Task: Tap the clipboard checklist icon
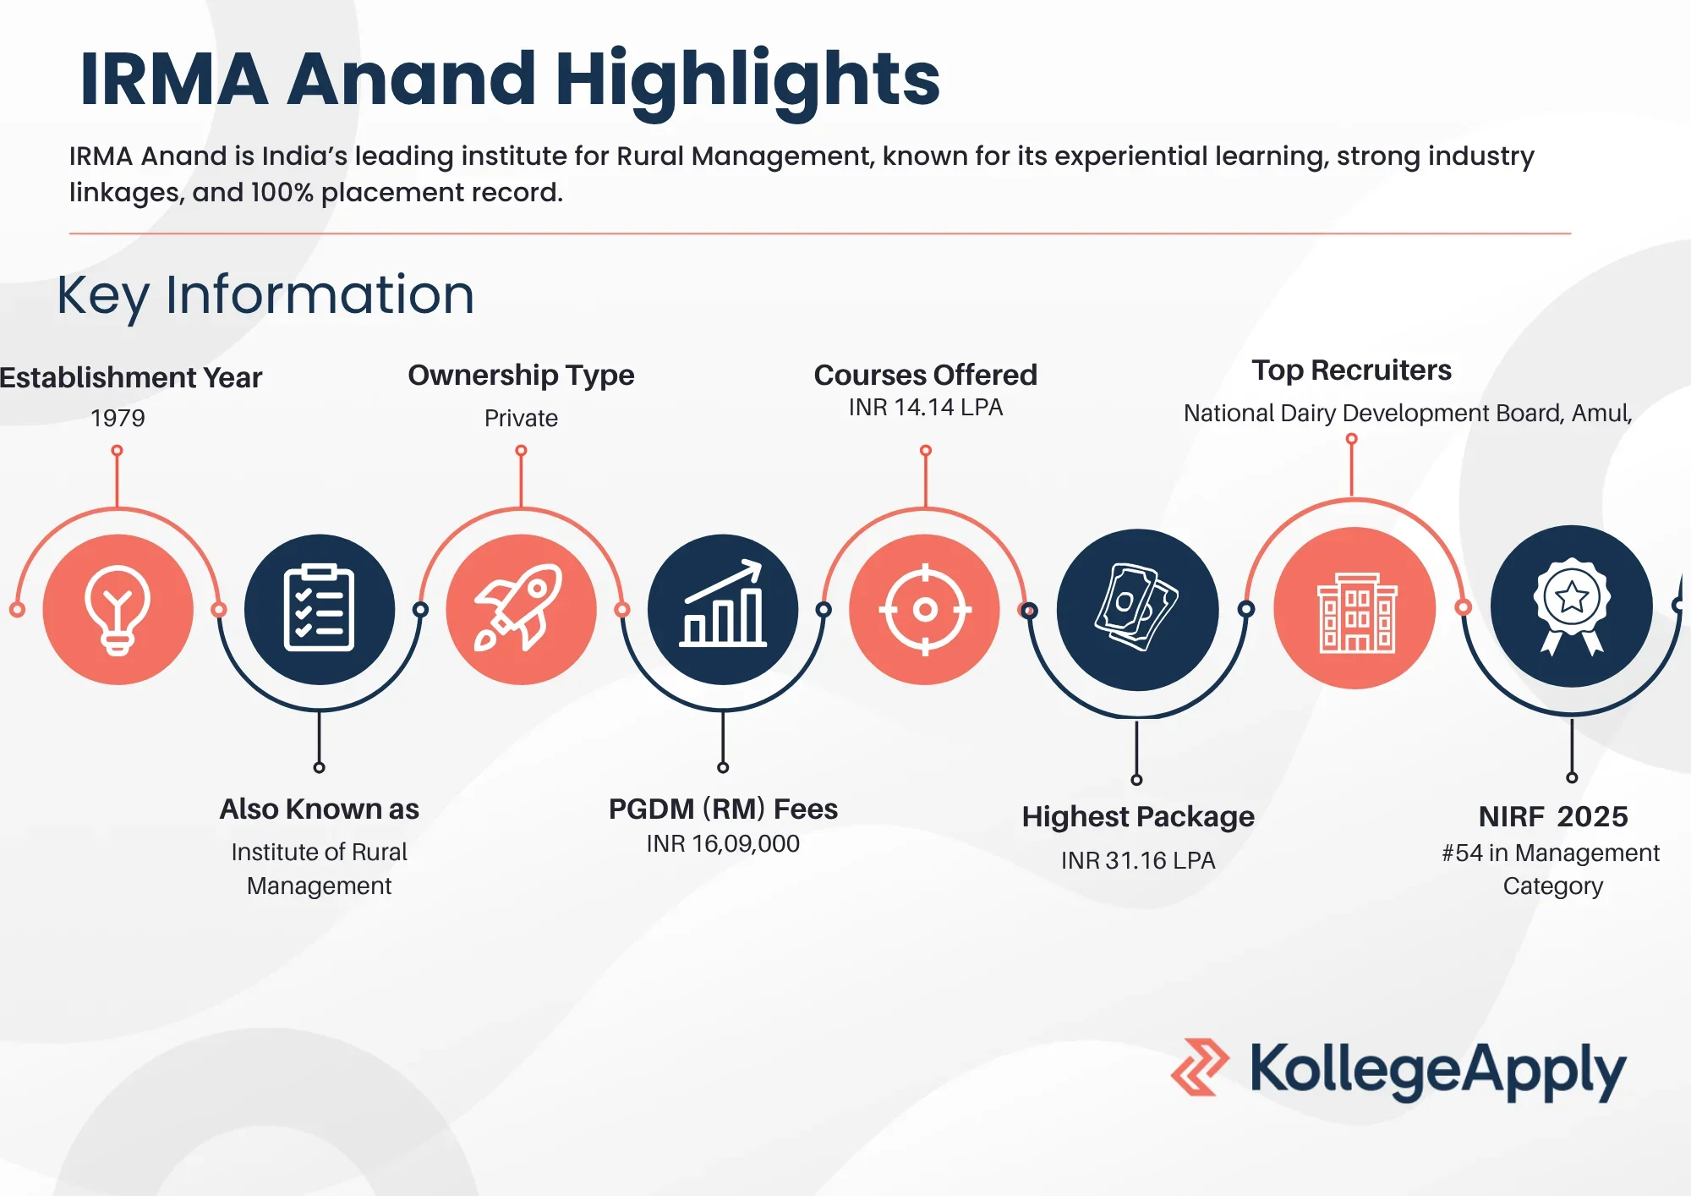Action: click(x=319, y=607)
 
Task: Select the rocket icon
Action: click(x=519, y=607)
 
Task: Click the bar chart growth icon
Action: click(x=723, y=604)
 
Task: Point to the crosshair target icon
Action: click(x=925, y=609)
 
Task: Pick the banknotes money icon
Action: click(x=1136, y=607)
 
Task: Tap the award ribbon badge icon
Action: click(x=1572, y=606)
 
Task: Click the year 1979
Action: click(x=118, y=418)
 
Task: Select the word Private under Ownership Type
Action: click(x=521, y=418)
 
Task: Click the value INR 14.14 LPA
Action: click(x=926, y=408)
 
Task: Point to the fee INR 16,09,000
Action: click(x=723, y=844)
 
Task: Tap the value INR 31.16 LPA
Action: click(x=1138, y=860)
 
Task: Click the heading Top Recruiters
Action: click(x=1351, y=370)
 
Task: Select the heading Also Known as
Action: click(x=320, y=809)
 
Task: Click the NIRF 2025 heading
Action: click(x=1553, y=817)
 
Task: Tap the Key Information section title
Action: click(x=265, y=296)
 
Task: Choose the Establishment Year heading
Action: click(x=130, y=377)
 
